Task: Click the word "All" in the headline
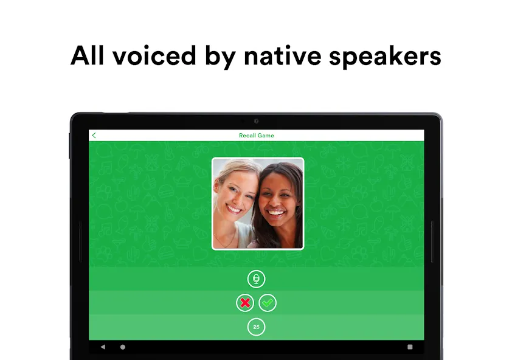coord(87,55)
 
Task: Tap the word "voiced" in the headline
coord(154,55)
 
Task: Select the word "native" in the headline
coord(282,55)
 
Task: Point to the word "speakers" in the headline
coord(385,57)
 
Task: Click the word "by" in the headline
coord(220,58)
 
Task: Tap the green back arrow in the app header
coord(94,135)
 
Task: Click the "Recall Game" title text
coord(257,135)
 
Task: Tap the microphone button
coord(257,279)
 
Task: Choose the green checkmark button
coord(268,303)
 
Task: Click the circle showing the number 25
coord(257,327)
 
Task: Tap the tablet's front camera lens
coord(257,121)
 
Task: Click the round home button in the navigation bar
coord(123,347)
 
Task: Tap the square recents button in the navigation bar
coord(410,347)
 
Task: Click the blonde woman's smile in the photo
coord(235,209)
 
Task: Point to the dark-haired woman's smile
coord(276,213)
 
